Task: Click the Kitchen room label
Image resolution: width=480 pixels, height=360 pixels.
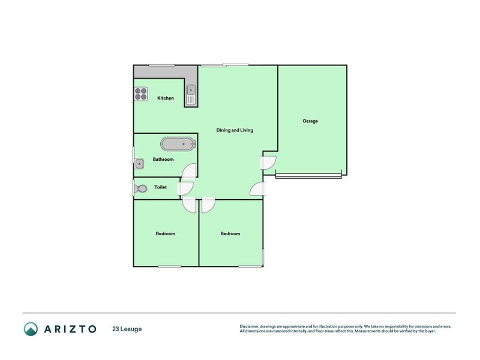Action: point(166,98)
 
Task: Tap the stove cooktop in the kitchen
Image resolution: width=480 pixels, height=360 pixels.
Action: point(141,94)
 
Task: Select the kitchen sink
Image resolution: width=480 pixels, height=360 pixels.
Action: point(190,94)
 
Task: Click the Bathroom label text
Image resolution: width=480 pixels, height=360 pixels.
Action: point(163,160)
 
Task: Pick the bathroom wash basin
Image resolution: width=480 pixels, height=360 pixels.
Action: point(140,163)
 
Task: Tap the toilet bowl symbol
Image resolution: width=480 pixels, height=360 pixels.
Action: point(141,188)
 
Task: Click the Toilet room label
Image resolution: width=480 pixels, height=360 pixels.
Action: point(160,188)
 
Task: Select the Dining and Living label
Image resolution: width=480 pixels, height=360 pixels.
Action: point(235,130)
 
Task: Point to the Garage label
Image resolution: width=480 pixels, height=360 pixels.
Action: point(310,121)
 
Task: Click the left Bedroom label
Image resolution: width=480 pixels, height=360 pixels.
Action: point(166,234)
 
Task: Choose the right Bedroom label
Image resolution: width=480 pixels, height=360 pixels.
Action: point(230,234)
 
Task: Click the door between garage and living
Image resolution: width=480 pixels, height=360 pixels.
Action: point(268,163)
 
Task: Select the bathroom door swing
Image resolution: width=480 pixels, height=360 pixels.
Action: point(188,170)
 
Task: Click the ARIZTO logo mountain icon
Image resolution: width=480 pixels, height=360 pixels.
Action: point(31,329)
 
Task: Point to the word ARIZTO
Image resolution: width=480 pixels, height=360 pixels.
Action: point(69,329)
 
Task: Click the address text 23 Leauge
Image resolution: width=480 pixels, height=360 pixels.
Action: point(127,329)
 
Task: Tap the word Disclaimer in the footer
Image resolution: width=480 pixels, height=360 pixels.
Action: point(251,326)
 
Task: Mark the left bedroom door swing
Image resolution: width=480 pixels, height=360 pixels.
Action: point(189,205)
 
